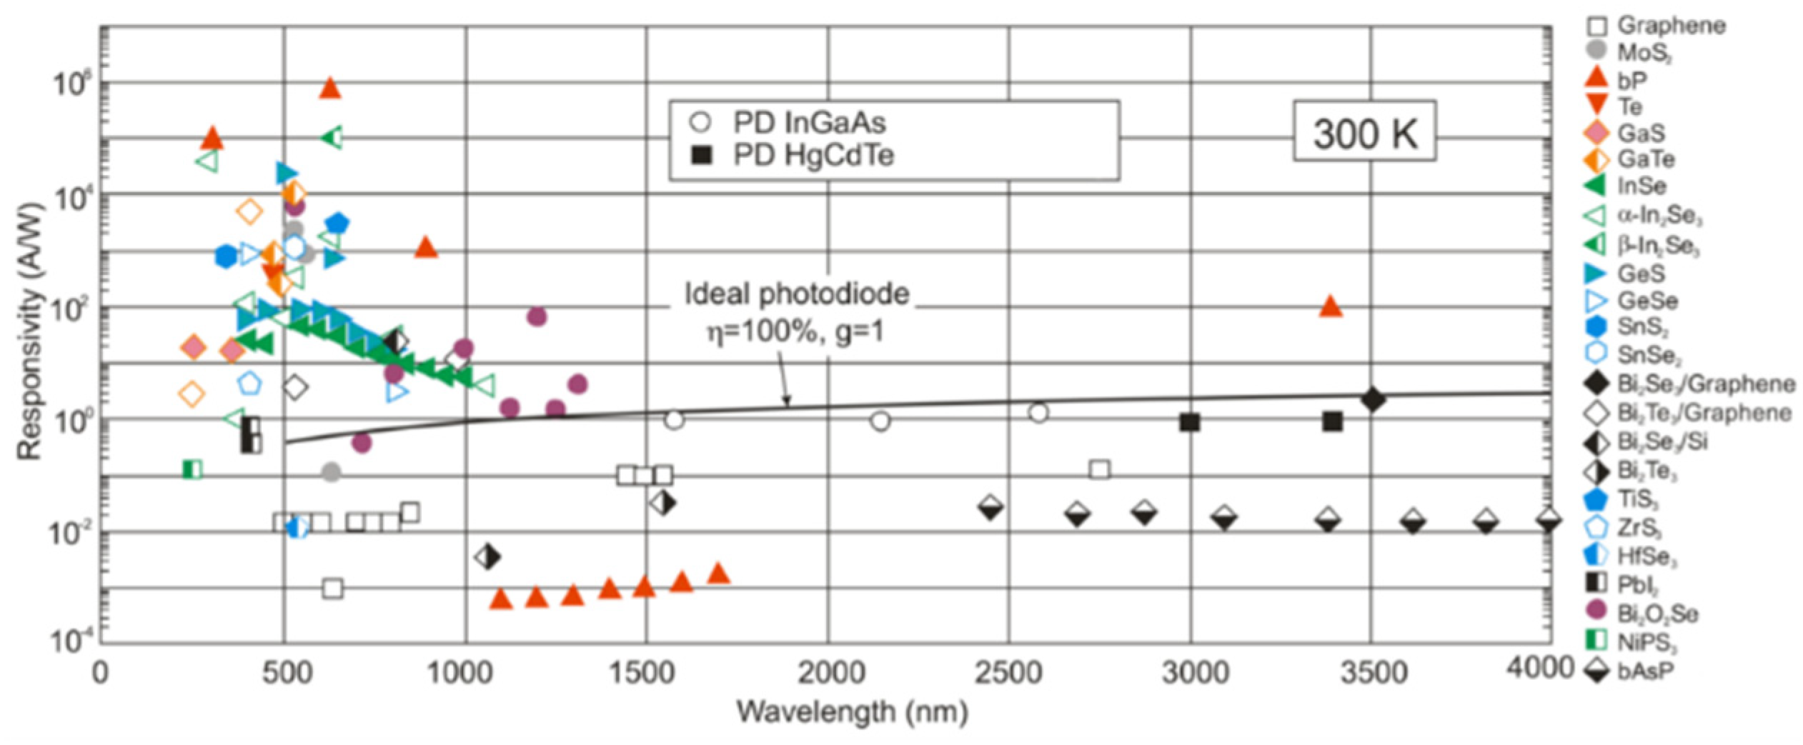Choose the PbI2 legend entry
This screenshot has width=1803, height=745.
coord(1636,584)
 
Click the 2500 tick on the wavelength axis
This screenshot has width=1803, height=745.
coord(1008,672)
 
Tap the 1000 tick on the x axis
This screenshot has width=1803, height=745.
coord(465,672)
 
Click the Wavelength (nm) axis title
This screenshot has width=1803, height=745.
coord(853,712)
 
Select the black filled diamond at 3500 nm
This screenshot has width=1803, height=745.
coord(1372,399)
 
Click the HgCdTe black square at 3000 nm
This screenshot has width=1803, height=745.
coord(1189,422)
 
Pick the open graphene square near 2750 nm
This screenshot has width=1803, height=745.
coord(1100,469)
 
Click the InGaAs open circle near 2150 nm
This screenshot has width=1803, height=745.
coord(880,421)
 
